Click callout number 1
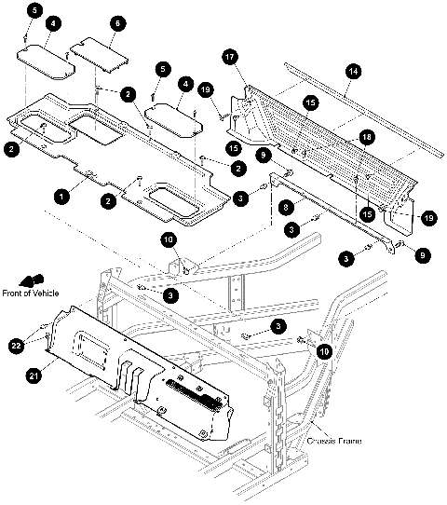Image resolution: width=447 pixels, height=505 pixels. (x=61, y=196)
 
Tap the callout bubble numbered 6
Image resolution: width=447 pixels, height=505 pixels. (x=117, y=23)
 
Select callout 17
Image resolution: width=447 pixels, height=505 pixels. (x=230, y=58)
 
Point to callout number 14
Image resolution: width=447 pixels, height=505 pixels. (x=353, y=71)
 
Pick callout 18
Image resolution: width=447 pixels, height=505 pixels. (x=367, y=137)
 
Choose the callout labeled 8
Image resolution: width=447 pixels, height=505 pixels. (x=286, y=207)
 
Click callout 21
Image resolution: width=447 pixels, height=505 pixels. (x=34, y=375)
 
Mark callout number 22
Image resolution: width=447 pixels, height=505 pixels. (x=16, y=346)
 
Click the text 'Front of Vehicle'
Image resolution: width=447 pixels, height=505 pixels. (x=31, y=293)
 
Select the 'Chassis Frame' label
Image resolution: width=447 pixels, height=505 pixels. (x=334, y=441)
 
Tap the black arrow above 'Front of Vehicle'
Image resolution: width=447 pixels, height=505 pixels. (x=32, y=280)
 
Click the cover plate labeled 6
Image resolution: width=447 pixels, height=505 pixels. (x=100, y=55)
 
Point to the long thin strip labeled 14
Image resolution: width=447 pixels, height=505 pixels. (x=363, y=110)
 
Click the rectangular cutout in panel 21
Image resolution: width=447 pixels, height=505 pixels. (x=91, y=350)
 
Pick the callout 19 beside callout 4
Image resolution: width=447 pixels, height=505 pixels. (x=206, y=89)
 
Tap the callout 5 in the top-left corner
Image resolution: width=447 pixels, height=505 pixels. (x=34, y=10)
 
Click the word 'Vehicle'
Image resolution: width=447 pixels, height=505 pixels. (x=46, y=293)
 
